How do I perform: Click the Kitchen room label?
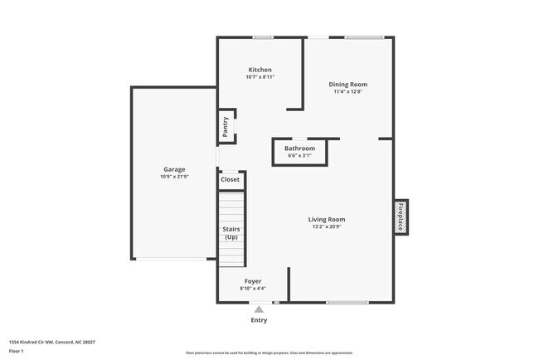click(260, 70)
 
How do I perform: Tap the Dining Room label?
click(347, 84)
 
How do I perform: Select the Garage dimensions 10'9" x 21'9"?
click(174, 177)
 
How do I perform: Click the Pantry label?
click(225, 127)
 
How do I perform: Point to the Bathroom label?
click(299, 148)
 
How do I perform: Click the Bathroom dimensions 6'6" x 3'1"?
click(299, 156)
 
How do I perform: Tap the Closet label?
click(230, 179)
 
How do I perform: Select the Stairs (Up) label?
click(231, 233)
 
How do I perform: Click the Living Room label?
click(327, 219)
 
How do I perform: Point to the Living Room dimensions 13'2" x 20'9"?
click(327, 226)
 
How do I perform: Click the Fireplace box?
click(401, 216)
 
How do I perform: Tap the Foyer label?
click(253, 281)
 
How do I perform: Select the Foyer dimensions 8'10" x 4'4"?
click(253, 289)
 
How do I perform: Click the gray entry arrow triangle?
click(259, 309)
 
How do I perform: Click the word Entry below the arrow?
click(259, 320)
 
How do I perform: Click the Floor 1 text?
click(17, 351)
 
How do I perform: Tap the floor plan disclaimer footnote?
click(269, 353)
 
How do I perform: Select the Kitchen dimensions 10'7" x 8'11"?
click(260, 77)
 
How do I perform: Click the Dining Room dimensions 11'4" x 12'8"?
click(347, 91)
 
